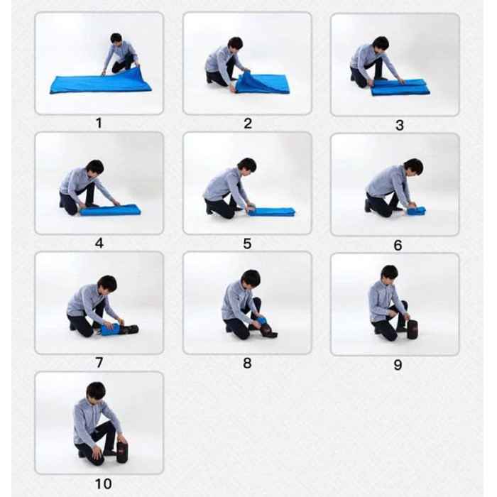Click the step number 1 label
coord(99,123)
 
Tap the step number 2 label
coord(248,123)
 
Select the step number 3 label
coord(399,125)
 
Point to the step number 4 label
coord(99,243)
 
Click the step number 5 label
coord(247,244)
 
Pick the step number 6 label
coord(398,245)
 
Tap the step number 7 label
coord(99,362)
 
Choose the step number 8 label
coord(247,363)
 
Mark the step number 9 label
coord(398,364)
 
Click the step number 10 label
coord(104,484)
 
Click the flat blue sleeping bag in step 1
coord(101,82)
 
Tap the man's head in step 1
coord(116,38)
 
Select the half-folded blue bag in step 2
coord(261,83)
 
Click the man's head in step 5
coord(247,165)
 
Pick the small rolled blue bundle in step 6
coord(416,211)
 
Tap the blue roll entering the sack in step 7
coord(110,329)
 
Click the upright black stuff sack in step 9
coord(413,329)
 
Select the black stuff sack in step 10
coord(122,452)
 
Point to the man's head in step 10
coord(96,392)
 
